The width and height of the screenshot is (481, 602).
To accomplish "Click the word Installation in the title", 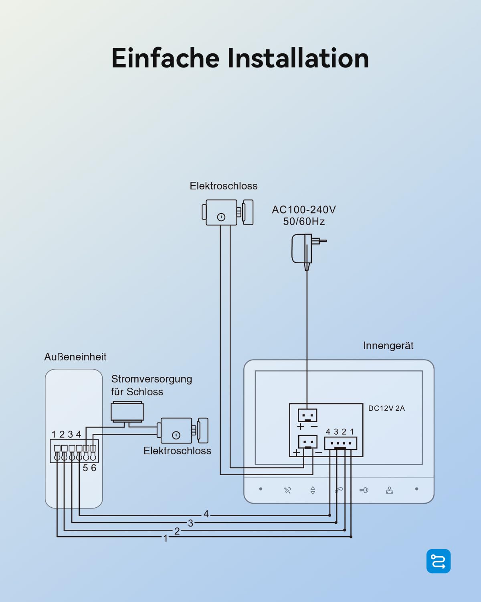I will pyautogui.click(x=298, y=58).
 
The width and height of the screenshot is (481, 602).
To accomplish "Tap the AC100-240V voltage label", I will pyautogui.click(x=303, y=209).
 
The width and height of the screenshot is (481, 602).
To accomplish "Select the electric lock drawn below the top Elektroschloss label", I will pyautogui.click(x=227, y=212).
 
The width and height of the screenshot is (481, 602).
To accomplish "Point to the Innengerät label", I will pyautogui.click(x=388, y=346).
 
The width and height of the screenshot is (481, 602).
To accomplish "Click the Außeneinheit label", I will pyautogui.click(x=75, y=357).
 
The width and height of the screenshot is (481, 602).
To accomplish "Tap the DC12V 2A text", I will pyautogui.click(x=386, y=408).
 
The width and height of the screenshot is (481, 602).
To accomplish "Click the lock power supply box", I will pyautogui.click(x=127, y=411).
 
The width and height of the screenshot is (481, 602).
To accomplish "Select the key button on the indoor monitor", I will pyautogui.click(x=364, y=490).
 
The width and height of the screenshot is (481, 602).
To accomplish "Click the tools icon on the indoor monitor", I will pyautogui.click(x=287, y=490).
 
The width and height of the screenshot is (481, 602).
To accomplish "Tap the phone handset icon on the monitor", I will pyautogui.click(x=339, y=490).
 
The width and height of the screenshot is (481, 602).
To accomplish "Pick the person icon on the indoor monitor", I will pyautogui.click(x=389, y=490).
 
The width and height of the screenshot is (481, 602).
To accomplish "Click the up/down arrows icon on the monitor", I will pyautogui.click(x=313, y=490).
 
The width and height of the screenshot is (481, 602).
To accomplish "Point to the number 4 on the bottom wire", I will pyautogui.click(x=206, y=514).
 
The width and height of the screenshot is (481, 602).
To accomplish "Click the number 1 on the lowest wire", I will pyautogui.click(x=166, y=538).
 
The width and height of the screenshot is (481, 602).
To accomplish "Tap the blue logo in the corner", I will pyautogui.click(x=439, y=561).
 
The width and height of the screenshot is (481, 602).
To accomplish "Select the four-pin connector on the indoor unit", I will pyautogui.click(x=340, y=443).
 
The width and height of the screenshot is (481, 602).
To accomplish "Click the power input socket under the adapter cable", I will pyautogui.click(x=307, y=415).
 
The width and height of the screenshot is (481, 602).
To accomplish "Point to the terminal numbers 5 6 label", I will pyautogui.click(x=89, y=468).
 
